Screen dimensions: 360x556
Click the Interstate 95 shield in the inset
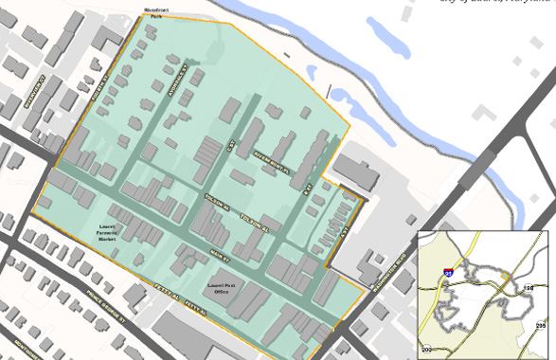tap(448, 273)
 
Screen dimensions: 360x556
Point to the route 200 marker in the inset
tap(426, 351)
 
